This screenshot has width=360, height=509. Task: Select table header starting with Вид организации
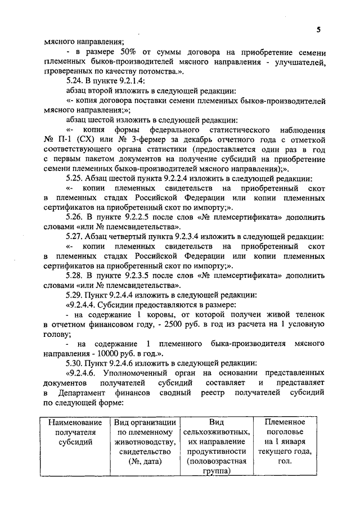click(145, 442)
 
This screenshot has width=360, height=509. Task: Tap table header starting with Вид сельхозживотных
click(217, 447)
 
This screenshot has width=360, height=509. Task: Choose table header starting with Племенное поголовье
click(286, 442)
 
